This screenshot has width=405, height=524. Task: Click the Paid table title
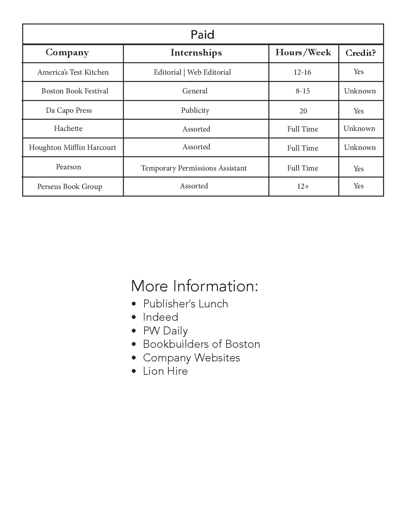tap(202, 35)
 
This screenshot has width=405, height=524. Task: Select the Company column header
tap(67, 52)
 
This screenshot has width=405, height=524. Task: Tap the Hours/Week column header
tap(303, 52)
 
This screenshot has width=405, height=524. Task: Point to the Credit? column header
tap(360, 53)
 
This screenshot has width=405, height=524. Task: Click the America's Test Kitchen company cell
tap(73, 72)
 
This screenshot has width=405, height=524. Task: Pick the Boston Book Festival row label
tap(75, 91)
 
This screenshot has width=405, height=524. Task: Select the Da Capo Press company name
tap(69, 110)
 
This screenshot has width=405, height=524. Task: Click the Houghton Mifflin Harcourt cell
tap(72, 147)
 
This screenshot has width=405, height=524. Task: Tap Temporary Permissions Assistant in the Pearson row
tap(194, 168)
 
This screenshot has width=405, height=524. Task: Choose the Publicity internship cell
tap(195, 110)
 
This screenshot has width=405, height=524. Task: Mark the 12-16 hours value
tap(302, 72)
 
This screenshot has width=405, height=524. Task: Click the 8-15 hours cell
tap(302, 91)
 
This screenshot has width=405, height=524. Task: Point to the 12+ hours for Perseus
tap(303, 186)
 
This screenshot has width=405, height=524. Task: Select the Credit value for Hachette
tap(359, 128)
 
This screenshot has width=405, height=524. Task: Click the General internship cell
tap(195, 91)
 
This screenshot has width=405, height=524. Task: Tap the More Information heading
tap(194, 286)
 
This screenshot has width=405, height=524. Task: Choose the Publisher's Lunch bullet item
tap(186, 304)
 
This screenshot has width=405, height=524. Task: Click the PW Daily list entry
tap(165, 331)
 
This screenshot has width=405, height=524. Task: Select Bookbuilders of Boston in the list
tap(201, 344)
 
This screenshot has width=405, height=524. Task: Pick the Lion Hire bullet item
tap(165, 371)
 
